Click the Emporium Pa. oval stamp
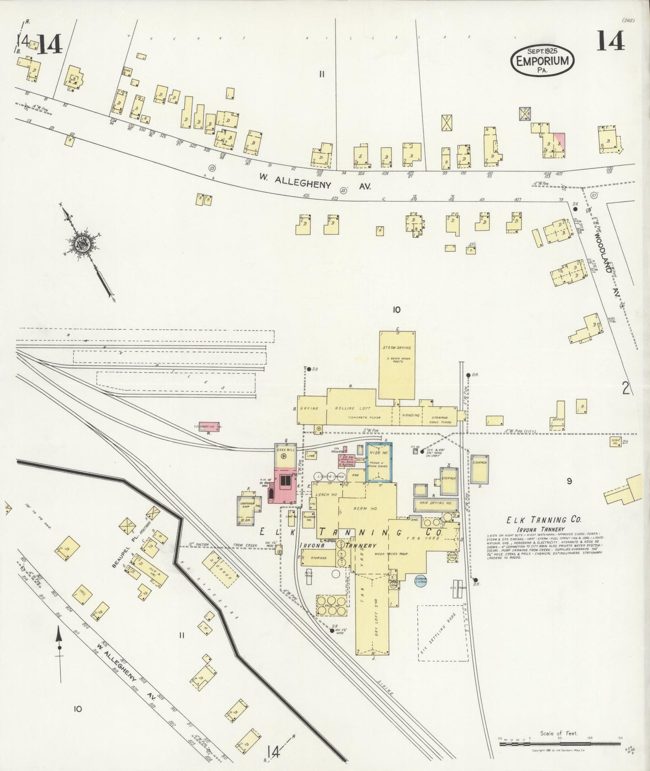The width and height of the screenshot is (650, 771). tap(542, 60)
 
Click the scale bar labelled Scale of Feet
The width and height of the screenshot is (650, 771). tap(560, 744)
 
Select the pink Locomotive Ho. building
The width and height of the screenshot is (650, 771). tap(209, 426)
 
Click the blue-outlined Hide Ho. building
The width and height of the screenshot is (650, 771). tap(379, 462)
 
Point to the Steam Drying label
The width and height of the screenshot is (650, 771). tap(396, 348)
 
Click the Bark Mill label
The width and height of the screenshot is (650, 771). tap(286, 449)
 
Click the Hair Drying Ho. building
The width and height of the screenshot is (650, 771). tap(435, 503)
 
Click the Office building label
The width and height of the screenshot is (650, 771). tap(558, 420)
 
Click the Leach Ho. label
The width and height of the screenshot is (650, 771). tap(327, 495)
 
